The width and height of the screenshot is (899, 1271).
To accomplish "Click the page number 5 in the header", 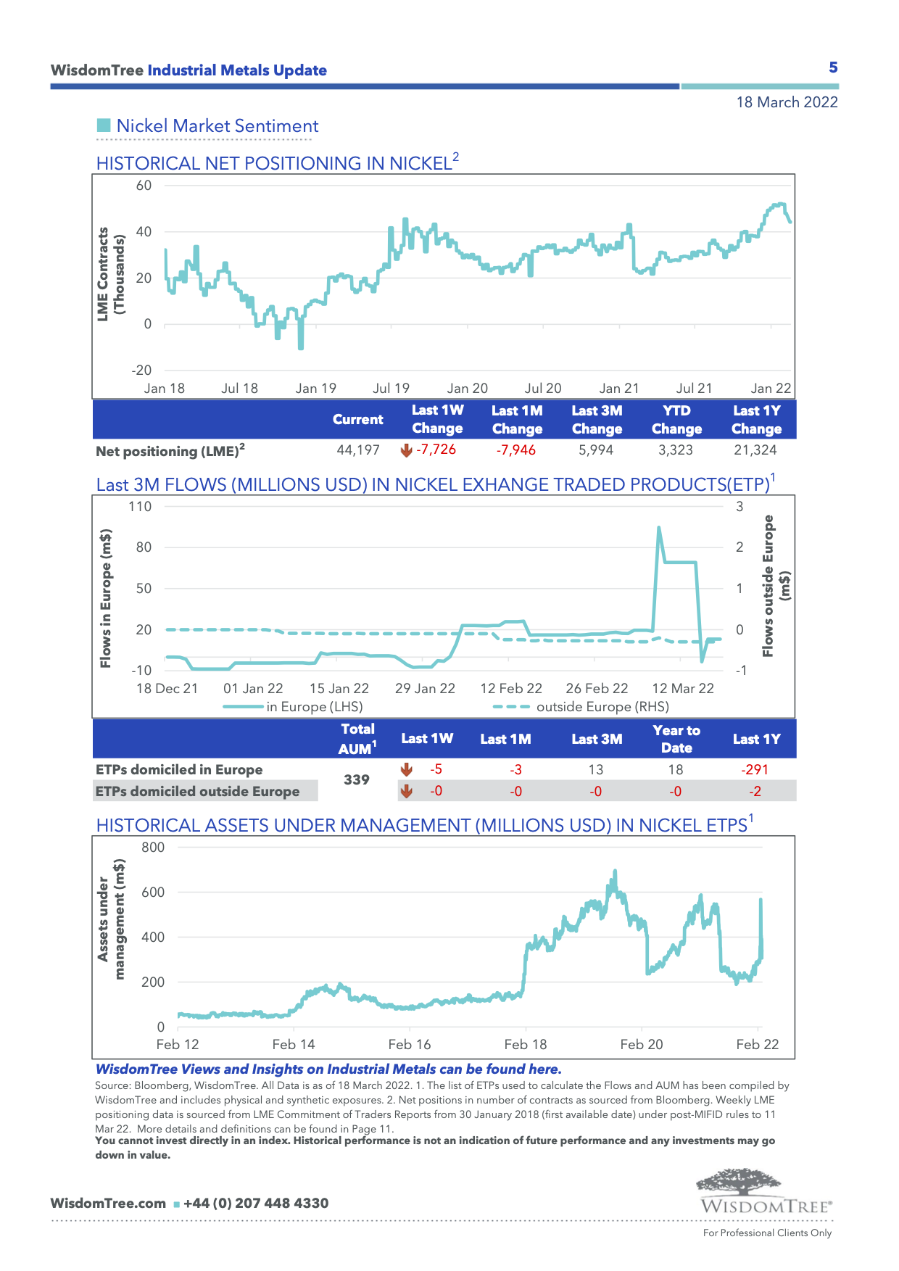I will point(833,67).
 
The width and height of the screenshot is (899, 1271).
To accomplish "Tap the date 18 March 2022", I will point(787,102).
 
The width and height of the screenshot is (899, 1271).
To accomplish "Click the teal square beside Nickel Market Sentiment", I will point(104,125).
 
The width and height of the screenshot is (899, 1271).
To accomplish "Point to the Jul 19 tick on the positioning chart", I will point(391,389).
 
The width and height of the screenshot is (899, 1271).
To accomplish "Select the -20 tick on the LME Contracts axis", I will point(141,370).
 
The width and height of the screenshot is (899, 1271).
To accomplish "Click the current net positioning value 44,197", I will point(358,450).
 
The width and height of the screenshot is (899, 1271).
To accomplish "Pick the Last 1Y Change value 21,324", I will point(755,450).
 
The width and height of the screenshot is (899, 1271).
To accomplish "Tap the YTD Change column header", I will point(676,420).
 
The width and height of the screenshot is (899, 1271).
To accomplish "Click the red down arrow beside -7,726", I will point(406,450).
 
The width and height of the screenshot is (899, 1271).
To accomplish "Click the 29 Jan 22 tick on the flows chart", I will point(425,689).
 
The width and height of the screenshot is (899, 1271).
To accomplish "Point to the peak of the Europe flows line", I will point(658,527).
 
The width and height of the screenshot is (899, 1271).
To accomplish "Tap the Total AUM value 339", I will point(357,779).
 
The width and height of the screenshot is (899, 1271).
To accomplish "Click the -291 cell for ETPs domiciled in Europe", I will point(755,770).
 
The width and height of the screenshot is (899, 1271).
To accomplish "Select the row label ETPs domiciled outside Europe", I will point(198,792).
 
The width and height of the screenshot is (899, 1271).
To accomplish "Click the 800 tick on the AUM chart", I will point(153,848).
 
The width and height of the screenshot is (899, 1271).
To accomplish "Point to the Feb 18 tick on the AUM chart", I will point(526,1045).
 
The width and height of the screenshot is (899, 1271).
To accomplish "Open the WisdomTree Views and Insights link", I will point(328,1069).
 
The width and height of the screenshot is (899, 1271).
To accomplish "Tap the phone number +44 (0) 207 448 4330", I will point(256,1204).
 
